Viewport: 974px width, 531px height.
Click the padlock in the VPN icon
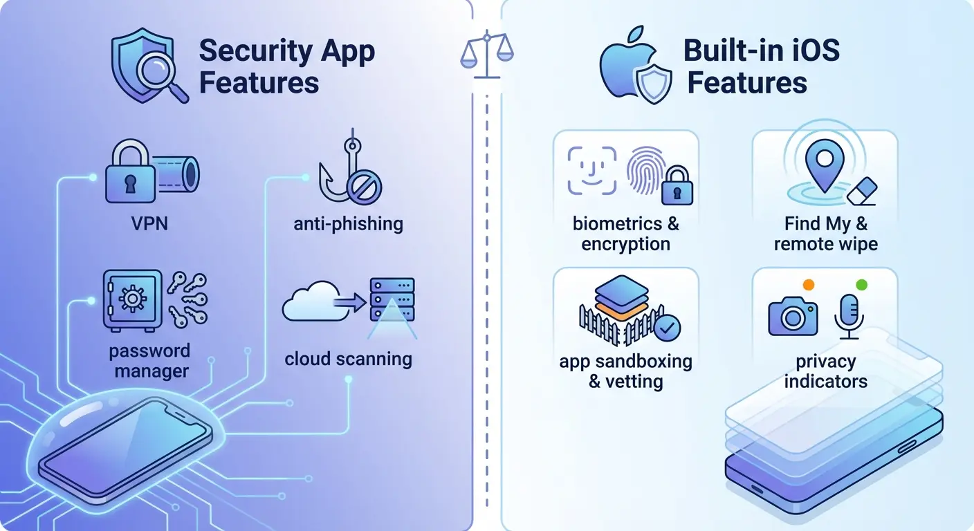point(131,172)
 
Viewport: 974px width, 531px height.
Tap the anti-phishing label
point(348,223)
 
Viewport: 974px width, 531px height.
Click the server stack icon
point(392,299)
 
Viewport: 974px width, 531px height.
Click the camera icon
point(793,316)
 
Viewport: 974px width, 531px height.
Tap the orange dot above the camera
point(807,284)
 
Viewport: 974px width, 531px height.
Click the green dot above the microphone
point(861,284)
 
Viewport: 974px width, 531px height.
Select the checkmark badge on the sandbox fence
point(667,327)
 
